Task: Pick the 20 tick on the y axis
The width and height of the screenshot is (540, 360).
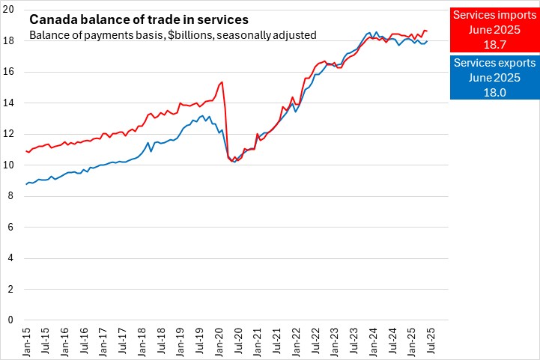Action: point(10,9)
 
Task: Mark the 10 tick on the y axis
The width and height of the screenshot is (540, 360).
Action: point(10,165)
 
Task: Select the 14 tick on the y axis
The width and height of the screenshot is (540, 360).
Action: point(10,103)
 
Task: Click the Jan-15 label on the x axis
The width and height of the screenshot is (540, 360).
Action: point(27,341)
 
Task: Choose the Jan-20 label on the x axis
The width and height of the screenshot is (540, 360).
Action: point(219,341)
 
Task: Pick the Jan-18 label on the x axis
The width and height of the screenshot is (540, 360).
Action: point(142,341)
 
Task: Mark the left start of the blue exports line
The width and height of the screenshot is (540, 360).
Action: point(26,184)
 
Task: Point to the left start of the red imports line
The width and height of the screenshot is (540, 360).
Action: point(26,150)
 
